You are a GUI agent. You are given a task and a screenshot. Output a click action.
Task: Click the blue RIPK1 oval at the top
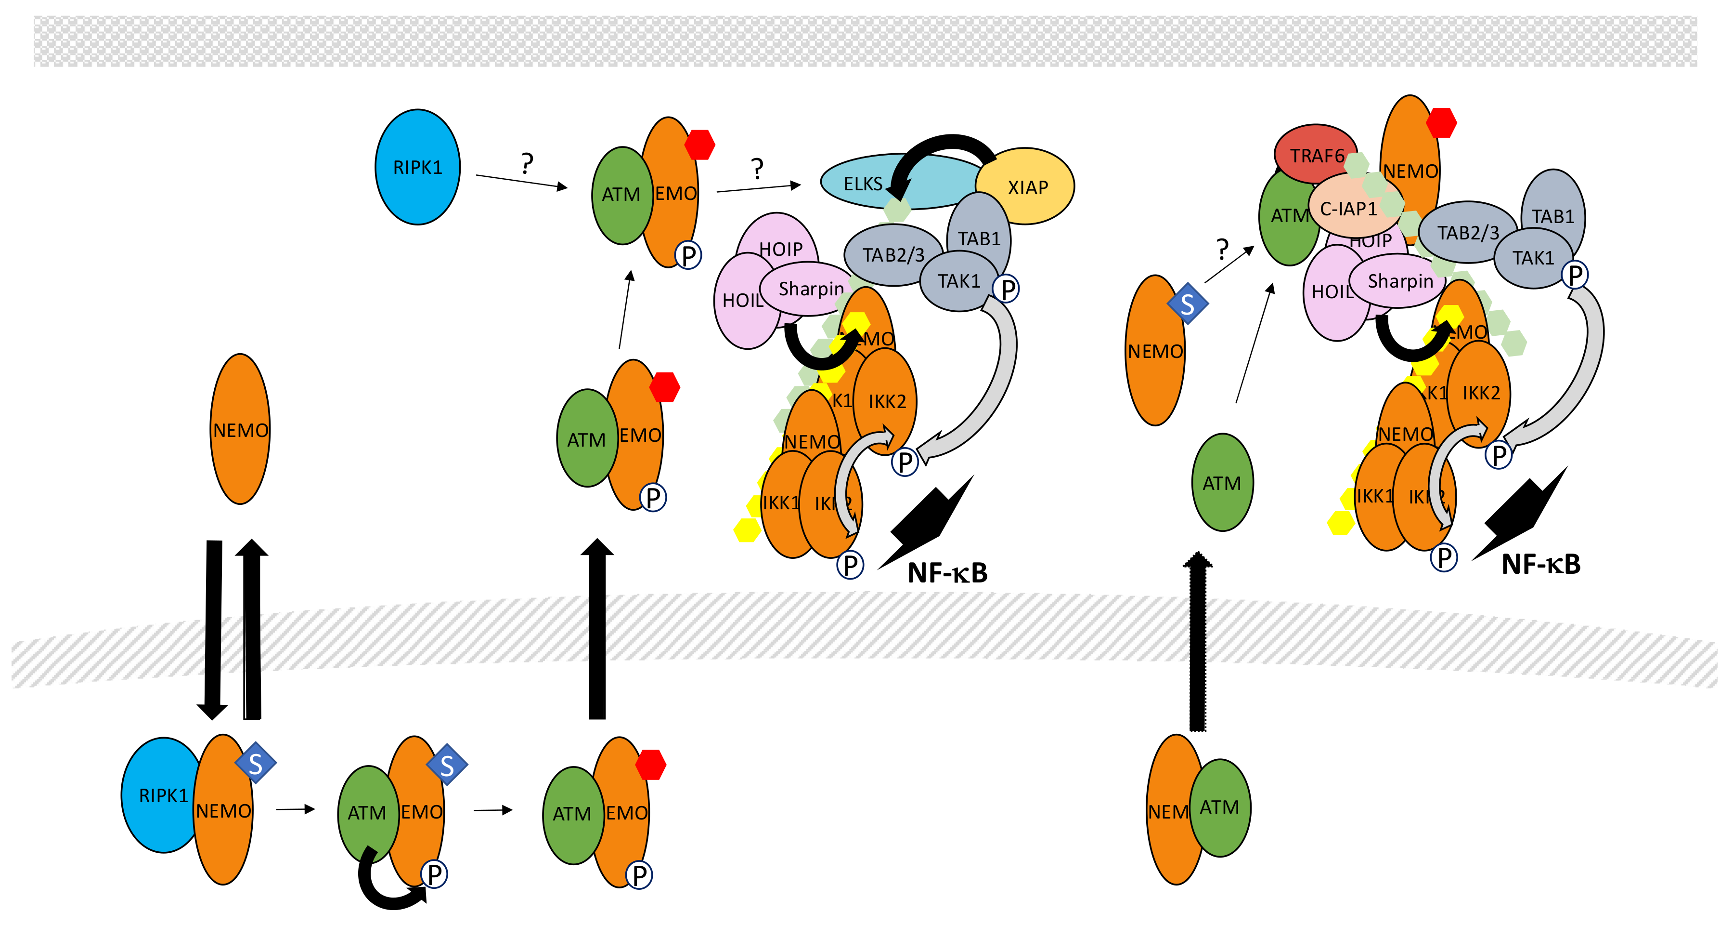[417, 167]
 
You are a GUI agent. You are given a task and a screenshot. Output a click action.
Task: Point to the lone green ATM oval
[1222, 483]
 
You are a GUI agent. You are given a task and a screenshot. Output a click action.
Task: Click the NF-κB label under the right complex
[1540, 564]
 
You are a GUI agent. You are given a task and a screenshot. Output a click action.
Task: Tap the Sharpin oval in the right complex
[1399, 281]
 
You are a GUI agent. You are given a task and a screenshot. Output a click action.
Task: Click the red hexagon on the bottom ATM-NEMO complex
[650, 765]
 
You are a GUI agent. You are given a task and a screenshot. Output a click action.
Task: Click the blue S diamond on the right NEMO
[1188, 304]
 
